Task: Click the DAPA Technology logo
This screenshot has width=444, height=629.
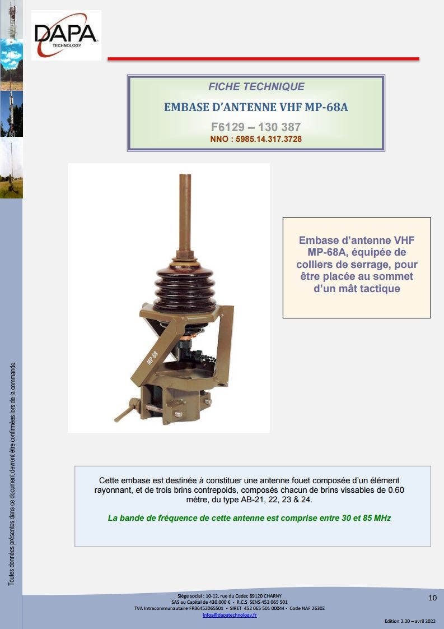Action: click(x=66, y=35)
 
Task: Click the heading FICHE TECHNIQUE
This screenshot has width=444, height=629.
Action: click(x=256, y=87)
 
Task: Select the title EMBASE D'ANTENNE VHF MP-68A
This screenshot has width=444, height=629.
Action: click(x=256, y=107)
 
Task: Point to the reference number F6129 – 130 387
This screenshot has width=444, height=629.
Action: click(x=256, y=127)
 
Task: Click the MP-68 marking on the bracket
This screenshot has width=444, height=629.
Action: click(x=153, y=358)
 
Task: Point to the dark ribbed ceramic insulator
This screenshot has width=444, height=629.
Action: click(x=185, y=285)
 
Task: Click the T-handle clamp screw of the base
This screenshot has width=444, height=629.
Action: click(x=128, y=410)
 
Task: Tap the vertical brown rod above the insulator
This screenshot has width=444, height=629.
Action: click(x=185, y=212)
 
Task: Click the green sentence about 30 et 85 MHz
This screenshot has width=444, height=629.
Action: click(x=249, y=518)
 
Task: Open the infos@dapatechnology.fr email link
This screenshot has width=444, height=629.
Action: click(x=230, y=615)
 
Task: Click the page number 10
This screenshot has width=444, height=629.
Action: click(x=432, y=598)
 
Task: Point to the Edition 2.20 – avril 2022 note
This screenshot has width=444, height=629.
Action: click(x=410, y=621)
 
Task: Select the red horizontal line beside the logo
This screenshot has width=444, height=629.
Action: click(x=263, y=59)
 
